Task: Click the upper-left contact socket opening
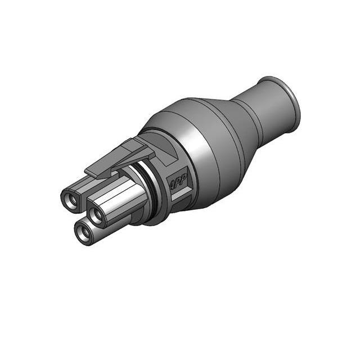70,199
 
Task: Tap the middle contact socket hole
98,215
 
